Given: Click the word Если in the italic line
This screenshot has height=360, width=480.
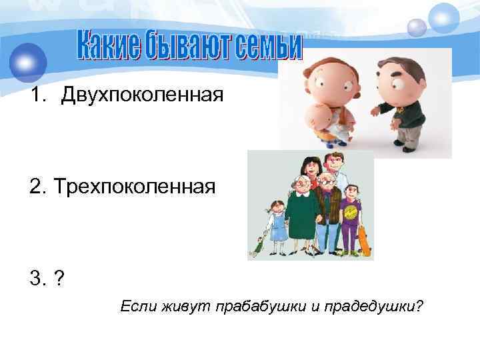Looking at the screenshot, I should click(x=136, y=307).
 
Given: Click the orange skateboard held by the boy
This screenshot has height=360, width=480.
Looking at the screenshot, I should click(x=364, y=241).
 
